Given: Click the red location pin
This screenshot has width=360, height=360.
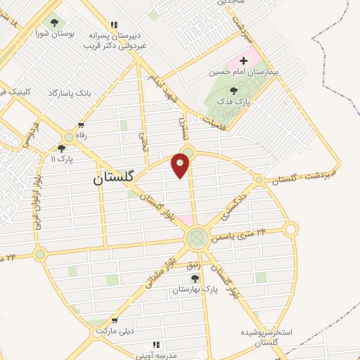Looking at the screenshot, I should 181,165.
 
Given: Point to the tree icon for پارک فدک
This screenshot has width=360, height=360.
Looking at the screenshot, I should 233,90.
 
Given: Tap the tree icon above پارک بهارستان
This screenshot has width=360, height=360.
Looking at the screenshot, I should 195,278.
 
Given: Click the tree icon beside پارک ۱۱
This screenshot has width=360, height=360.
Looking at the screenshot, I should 62,148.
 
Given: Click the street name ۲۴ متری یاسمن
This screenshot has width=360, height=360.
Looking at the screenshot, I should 241,235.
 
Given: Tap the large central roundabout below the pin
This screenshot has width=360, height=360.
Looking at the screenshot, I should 198,238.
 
